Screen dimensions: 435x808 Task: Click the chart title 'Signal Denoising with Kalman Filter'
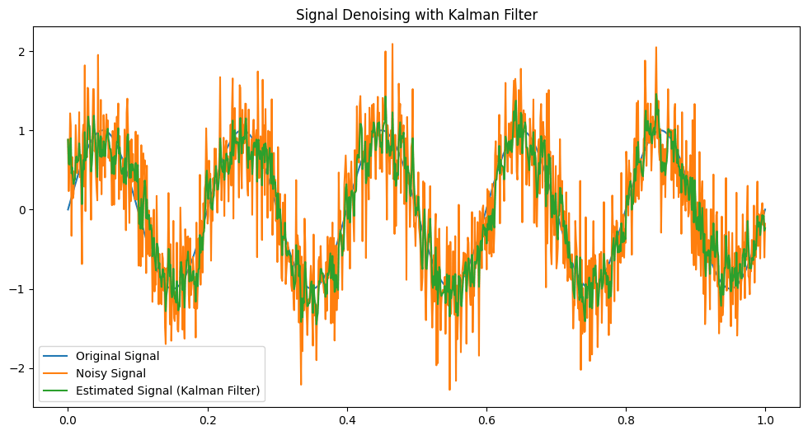pos(416,15)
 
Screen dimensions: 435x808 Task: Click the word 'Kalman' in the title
pos(478,15)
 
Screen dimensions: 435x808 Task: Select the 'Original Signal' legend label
pos(117,357)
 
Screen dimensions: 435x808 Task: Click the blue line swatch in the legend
pos(57,357)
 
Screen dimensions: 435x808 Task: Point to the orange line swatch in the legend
pos(57,374)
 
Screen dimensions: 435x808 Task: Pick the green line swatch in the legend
pos(57,391)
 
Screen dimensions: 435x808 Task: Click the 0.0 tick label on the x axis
pos(68,419)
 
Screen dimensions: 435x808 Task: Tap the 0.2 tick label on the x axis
pos(207,419)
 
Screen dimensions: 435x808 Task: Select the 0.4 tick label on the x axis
pos(346,419)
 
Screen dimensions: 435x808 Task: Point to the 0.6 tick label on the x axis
pos(486,419)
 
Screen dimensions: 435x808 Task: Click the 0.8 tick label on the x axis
pos(626,419)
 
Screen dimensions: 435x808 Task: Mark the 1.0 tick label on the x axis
pos(765,419)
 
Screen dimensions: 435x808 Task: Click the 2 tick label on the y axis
pos(23,51)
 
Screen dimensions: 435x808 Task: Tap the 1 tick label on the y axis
pos(23,130)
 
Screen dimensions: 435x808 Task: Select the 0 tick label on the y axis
pos(23,209)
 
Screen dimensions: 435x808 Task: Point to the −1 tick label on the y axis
pos(20,289)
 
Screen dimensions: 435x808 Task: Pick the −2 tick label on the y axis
pos(20,368)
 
